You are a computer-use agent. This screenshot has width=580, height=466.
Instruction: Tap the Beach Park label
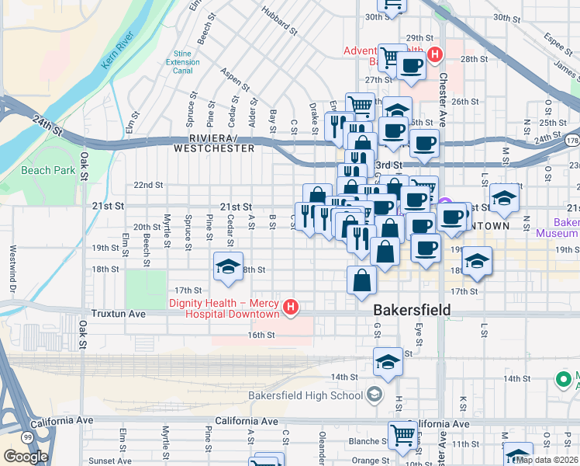coord(48,170)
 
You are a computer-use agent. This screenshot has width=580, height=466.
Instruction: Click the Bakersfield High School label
coord(306,395)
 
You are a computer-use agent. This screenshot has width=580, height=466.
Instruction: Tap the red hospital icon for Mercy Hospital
coord(291,308)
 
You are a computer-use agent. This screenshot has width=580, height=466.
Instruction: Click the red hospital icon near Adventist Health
coord(435,54)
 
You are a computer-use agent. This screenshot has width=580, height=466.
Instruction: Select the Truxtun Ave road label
coord(116,315)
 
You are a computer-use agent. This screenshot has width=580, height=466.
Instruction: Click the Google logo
coord(26,457)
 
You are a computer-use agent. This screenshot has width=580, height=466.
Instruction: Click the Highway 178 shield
coord(572,140)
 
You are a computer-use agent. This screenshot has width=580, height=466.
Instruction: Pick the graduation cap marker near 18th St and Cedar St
coord(228,266)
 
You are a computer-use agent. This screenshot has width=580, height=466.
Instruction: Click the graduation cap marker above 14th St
coord(388,362)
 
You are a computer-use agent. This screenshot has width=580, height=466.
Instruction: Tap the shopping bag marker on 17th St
coord(362,280)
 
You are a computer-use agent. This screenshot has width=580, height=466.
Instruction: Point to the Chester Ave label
coord(443,89)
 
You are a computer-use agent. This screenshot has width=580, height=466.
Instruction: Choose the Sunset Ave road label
coord(110,461)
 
